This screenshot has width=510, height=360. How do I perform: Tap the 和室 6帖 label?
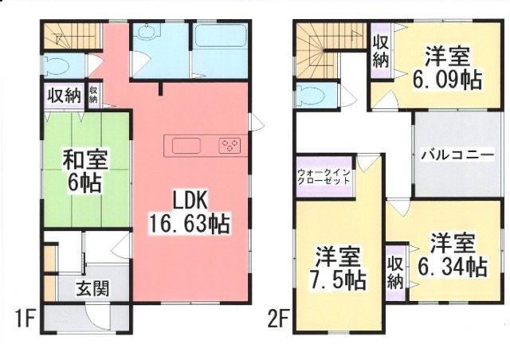coord(82,170)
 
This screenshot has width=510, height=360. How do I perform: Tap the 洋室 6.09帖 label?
coord(446,68)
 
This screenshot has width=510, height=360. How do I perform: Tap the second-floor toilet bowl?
coord(313,96)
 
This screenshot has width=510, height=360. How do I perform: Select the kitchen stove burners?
coord(229,146)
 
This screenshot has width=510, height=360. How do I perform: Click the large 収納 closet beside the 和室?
coord(62,96)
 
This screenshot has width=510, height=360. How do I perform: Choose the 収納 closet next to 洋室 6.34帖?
coord(395,272)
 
